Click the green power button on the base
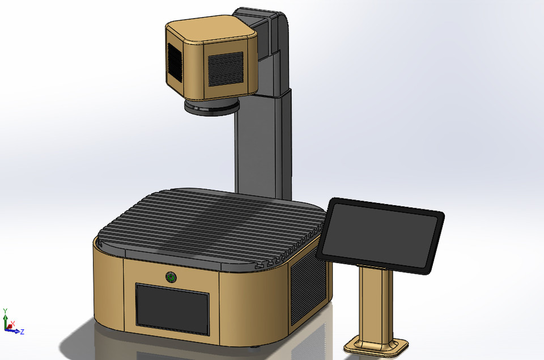point(170,277)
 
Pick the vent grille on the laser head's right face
point(225,69)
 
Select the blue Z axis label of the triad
point(22,332)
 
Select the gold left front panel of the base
point(109,283)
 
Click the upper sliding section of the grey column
point(278,74)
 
